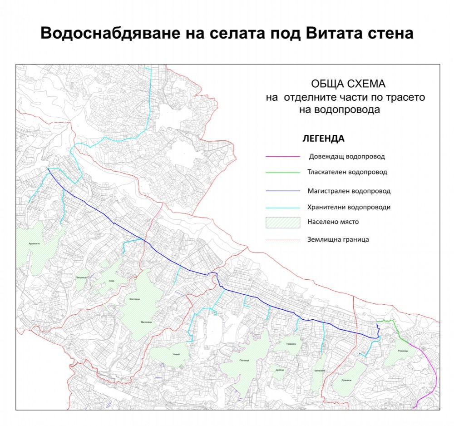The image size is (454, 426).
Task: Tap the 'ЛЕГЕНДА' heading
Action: coord(323,138)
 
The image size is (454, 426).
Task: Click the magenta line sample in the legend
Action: coord(283,157)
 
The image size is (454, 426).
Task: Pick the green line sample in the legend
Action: coord(283,173)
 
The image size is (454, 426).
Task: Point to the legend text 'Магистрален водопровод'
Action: coord(349,191)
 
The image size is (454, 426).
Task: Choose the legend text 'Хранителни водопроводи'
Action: coord(349,207)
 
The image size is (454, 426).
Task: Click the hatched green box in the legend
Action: coord(283,222)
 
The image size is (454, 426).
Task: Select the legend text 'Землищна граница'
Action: coord(338,239)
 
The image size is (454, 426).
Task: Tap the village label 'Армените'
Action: coord(34,243)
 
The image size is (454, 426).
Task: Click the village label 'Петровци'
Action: coord(81,277)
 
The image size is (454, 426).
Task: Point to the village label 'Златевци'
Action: coord(134,299)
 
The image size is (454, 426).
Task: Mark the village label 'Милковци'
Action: coord(146,322)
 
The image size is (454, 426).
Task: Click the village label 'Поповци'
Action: coord(244,361)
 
